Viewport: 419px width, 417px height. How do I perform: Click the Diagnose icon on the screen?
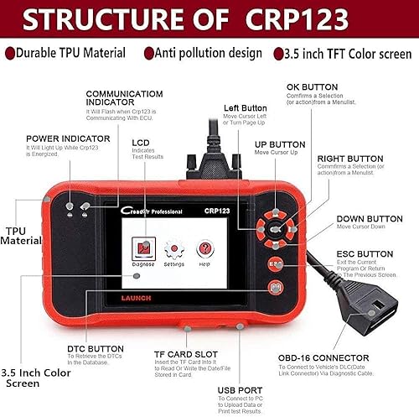pos(143,248)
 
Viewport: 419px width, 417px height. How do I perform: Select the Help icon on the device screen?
pos(204,248)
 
